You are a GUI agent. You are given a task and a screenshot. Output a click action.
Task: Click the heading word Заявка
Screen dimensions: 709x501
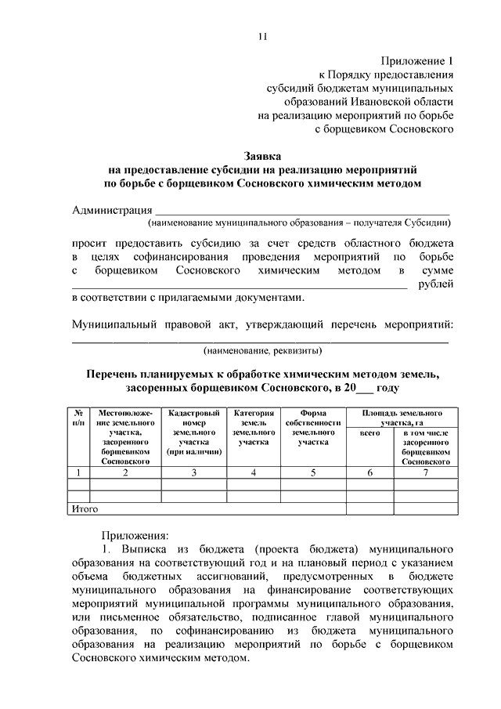pos(262,155)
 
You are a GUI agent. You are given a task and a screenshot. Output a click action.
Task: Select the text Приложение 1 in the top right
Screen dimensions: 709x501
pos(418,60)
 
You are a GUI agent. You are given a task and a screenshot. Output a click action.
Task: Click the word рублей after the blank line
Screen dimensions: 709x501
pos(436,284)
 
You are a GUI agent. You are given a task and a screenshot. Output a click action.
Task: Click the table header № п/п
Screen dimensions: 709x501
pos(79,417)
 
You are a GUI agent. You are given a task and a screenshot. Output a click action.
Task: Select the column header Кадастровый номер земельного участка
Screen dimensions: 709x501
pos(194,432)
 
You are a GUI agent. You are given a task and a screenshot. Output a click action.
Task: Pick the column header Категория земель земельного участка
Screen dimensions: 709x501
pos(254,427)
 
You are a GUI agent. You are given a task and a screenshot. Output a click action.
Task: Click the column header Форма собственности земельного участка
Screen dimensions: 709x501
pos(313,427)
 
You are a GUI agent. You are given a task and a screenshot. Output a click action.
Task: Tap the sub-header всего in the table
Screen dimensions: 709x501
pos(369,432)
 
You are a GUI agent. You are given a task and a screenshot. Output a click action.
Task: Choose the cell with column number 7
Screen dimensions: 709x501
pos(427,472)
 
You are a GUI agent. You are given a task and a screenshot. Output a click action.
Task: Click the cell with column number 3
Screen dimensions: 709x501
pos(194,472)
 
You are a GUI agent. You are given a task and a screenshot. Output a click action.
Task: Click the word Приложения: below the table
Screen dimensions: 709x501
pos(139,536)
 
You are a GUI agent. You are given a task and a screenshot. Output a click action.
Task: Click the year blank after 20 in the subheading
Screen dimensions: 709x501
pos(362,388)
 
